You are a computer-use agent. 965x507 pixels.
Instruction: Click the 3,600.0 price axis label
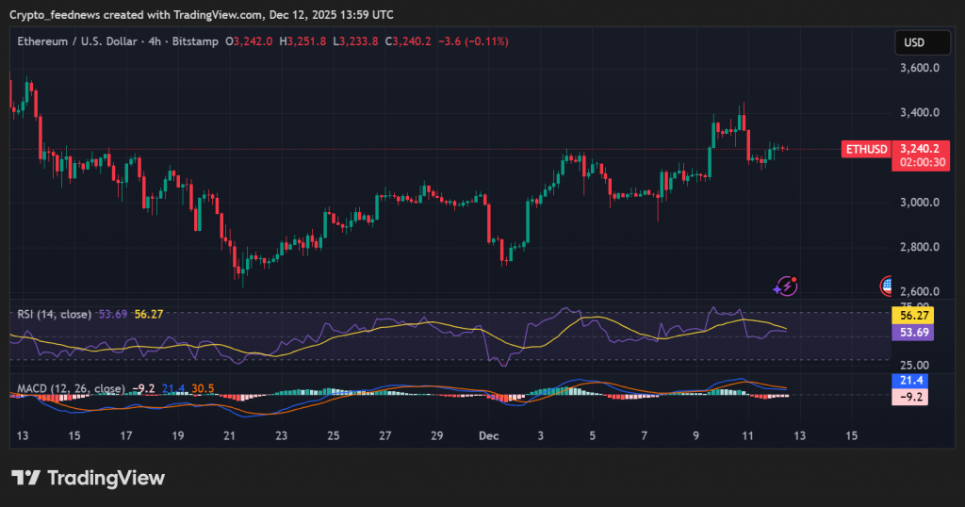pyautogui.click(x=919, y=68)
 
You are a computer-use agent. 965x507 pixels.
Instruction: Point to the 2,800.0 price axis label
pyautogui.click(x=919, y=247)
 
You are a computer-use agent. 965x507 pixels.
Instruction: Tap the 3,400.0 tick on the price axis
pyautogui.click(x=919, y=113)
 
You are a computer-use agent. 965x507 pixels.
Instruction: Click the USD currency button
pyautogui.click(x=914, y=42)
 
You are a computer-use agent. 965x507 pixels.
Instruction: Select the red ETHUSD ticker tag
pyautogui.click(x=865, y=149)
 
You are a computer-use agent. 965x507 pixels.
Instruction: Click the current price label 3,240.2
pyautogui.click(x=918, y=149)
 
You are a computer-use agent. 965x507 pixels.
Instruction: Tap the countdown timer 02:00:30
pyautogui.click(x=918, y=162)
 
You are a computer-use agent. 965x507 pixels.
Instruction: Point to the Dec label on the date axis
pyautogui.click(x=488, y=436)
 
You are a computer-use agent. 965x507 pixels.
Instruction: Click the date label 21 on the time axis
pyautogui.click(x=229, y=436)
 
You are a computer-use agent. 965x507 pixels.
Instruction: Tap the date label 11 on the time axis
pyautogui.click(x=747, y=436)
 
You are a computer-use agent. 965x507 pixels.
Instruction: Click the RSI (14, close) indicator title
pyautogui.click(x=55, y=314)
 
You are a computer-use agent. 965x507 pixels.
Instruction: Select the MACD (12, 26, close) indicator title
pyautogui.click(x=71, y=388)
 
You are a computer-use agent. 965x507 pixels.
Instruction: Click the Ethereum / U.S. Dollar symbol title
pyautogui.click(x=76, y=41)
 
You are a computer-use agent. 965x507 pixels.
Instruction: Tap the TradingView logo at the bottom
pyautogui.click(x=89, y=478)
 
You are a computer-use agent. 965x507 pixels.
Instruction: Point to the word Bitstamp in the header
pyautogui.click(x=197, y=41)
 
